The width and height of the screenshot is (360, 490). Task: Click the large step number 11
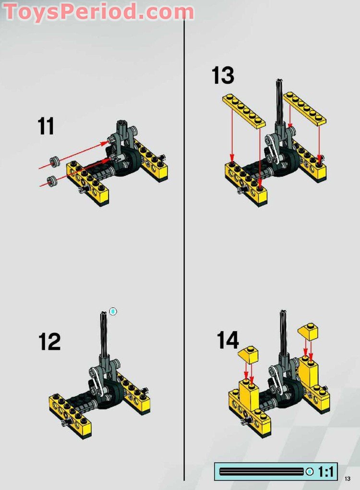click(46, 126)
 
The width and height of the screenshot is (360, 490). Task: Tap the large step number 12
click(49, 342)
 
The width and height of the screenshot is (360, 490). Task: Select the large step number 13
click(223, 75)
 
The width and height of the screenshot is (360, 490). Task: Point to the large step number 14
click(228, 340)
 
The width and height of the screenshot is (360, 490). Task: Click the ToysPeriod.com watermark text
click(98, 12)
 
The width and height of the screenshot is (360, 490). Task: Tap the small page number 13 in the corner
click(348, 478)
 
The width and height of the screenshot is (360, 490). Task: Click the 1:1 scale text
click(326, 471)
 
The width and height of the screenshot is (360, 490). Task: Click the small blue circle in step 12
click(113, 311)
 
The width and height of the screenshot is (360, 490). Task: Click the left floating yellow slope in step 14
click(248, 354)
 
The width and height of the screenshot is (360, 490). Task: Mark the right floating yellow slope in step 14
click(309, 331)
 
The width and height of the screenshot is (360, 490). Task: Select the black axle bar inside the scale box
click(262, 471)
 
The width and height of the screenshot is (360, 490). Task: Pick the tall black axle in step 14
click(283, 331)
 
